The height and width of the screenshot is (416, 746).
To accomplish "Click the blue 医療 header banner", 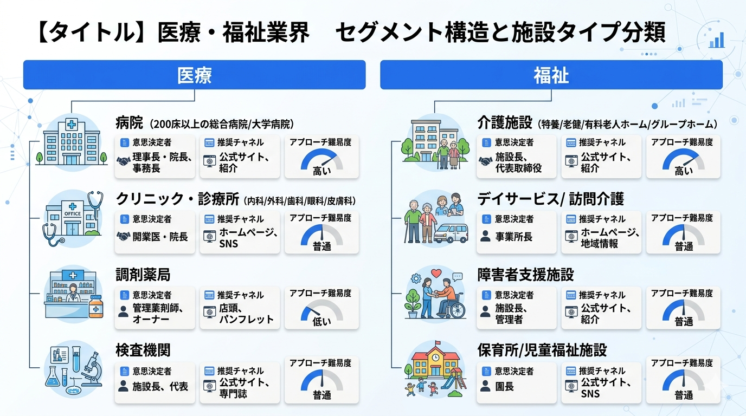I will pos(194,75).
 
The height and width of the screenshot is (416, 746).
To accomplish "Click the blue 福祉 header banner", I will pos(551,75).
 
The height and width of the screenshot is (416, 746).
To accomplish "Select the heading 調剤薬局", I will pos(143,275).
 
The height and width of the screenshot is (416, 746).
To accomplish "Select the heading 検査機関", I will pos(143,350).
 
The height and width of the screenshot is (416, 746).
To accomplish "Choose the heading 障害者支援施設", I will pos(525,275).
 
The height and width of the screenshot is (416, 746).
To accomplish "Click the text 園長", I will pos(504,386).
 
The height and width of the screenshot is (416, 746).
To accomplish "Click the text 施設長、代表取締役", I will pos(518,162).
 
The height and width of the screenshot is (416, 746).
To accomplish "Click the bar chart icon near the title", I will pos(717,40).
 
